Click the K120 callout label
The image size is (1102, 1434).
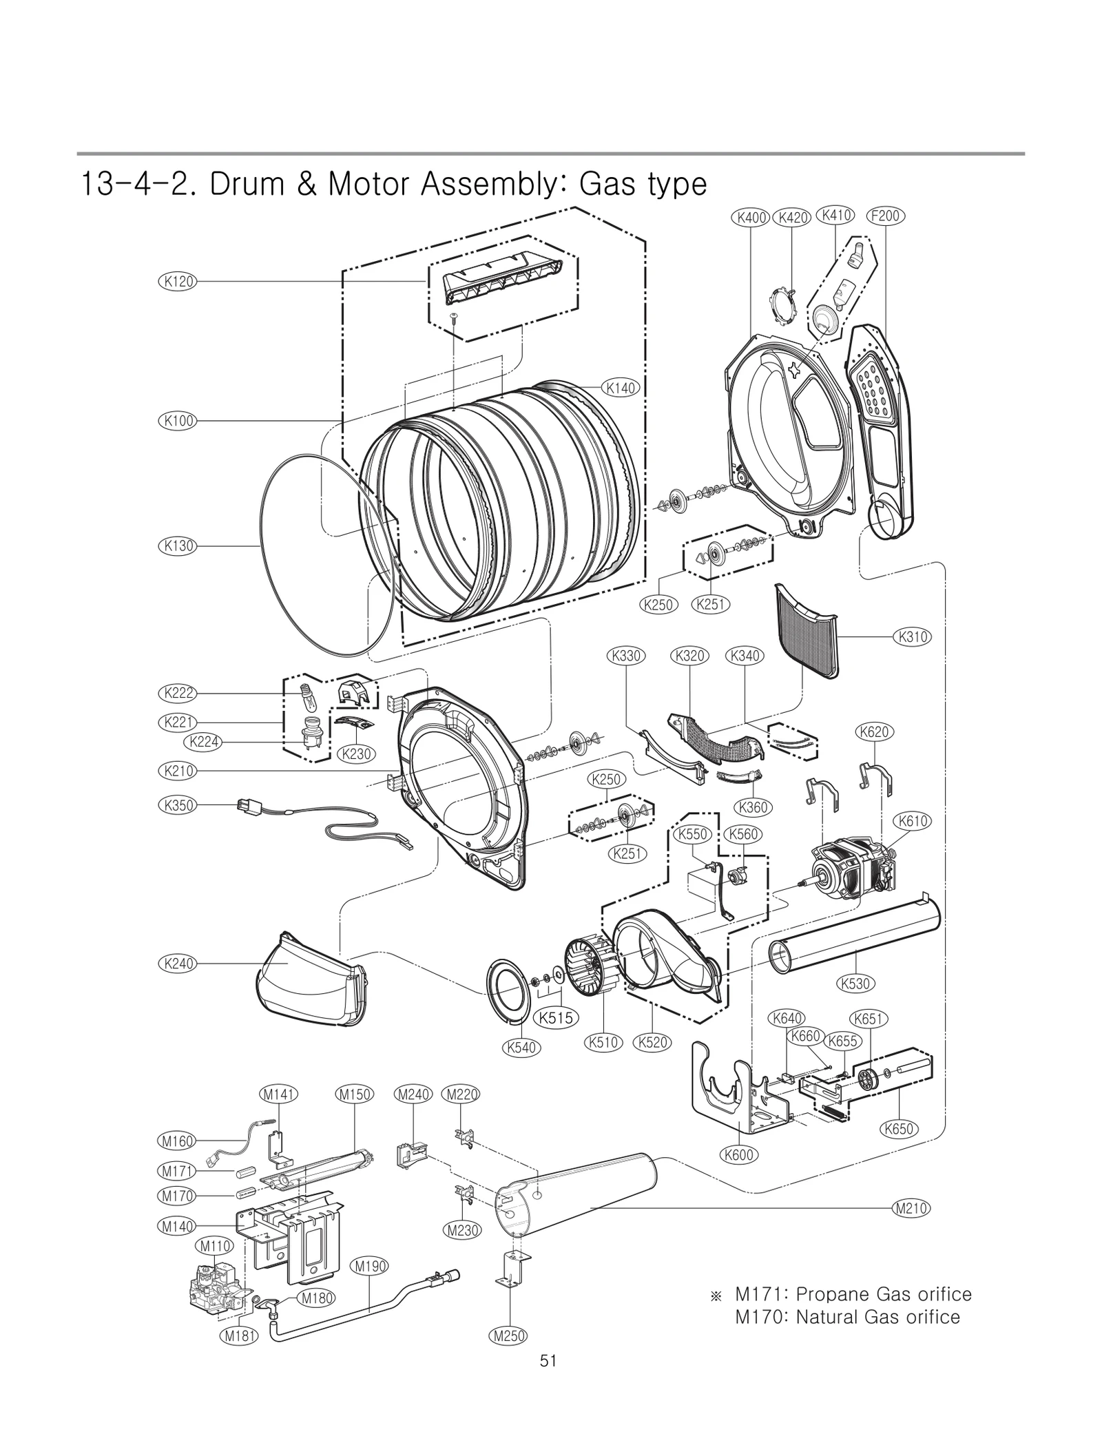[x=177, y=281]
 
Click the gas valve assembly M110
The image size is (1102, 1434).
[x=216, y=1285]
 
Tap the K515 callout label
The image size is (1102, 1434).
[x=555, y=1017]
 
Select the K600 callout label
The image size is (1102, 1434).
[x=739, y=1154]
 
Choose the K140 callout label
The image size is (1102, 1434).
[x=621, y=388]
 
